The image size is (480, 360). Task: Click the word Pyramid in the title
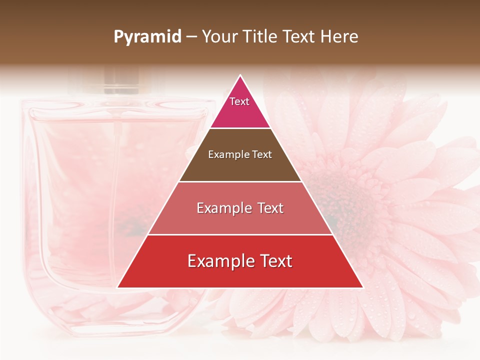(x=147, y=37)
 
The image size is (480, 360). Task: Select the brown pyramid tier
(x=240, y=155)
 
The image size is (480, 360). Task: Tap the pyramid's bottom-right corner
(x=362, y=287)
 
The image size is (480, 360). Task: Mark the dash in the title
(x=191, y=37)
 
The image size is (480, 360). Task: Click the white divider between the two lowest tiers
(x=240, y=234)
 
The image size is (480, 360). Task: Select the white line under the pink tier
(x=240, y=128)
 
